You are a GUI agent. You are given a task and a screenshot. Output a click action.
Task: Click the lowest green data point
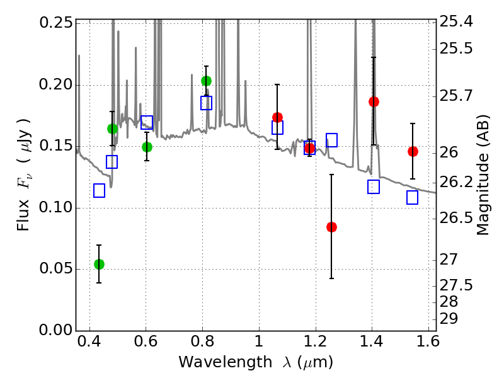(99, 264)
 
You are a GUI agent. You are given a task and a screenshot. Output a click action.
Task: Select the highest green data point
(206, 81)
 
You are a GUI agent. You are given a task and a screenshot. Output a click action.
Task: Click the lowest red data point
(331, 227)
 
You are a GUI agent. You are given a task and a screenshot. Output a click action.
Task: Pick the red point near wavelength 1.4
(374, 101)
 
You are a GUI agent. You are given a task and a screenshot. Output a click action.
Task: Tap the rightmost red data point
(413, 151)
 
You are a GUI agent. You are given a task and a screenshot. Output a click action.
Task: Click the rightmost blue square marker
(413, 197)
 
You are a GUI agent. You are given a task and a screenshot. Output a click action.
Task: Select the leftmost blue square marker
(99, 190)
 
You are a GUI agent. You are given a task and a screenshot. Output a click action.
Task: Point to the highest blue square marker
(206, 103)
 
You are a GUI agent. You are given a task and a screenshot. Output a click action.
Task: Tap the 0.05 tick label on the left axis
(56, 270)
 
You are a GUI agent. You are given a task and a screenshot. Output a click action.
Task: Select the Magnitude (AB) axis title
(483, 175)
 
